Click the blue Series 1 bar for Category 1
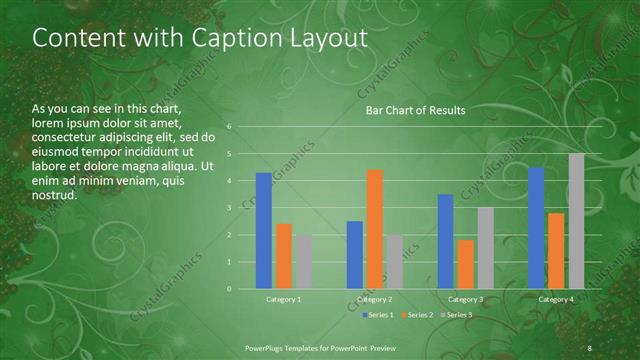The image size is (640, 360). click(263, 231)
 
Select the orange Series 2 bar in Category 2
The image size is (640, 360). click(375, 229)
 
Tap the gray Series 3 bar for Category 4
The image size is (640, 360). click(576, 221)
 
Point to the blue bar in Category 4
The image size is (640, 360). click(536, 228)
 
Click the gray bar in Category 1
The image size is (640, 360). click(303, 261)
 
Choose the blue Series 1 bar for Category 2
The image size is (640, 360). click(355, 255)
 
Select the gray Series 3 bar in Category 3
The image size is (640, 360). click(485, 248)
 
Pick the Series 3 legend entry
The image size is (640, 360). click(458, 315)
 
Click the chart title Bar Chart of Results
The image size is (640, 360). click(415, 110)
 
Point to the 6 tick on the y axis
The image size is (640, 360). click(230, 127)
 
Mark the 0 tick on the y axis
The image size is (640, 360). click(230, 289)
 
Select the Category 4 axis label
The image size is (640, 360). click(556, 299)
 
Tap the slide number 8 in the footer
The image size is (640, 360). click(590, 346)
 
